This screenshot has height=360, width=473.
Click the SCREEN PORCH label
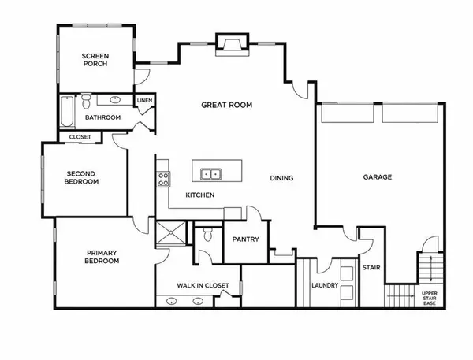pos(95,59)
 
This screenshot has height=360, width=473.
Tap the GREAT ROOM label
pos(226,105)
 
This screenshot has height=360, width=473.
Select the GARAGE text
pos(377,177)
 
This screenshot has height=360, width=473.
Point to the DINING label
pos(281,178)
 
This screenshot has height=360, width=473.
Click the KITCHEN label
pos(200,195)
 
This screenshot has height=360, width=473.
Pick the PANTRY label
pos(247,239)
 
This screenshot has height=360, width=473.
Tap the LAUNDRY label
pos(325,286)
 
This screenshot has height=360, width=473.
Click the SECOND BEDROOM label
pos(82,178)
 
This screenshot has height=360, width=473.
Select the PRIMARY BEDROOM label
pos(102,257)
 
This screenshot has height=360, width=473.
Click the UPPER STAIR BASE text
pos(430,299)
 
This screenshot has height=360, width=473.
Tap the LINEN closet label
pos(144,101)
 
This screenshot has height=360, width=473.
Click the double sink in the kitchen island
pos(210,173)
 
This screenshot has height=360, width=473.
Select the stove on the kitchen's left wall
pos(163,179)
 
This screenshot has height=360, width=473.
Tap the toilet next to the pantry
pos(207,234)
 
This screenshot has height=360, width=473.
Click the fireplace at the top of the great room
pos(230,46)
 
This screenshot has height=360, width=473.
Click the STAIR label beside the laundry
pos(371,268)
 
